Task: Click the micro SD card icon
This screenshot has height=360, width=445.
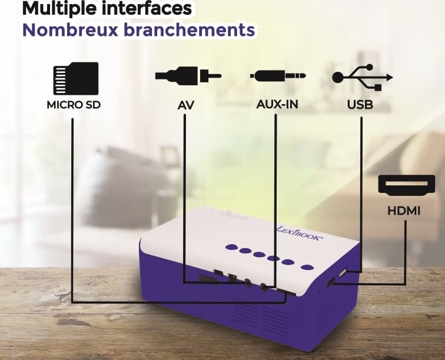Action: (x=76, y=79)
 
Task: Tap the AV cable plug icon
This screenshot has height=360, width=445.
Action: (x=188, y=76)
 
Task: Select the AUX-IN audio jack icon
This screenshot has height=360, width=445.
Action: (x=278, y=76)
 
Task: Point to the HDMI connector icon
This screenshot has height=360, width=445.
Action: (x=406, y=185)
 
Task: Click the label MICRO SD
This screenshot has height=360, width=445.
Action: (x=74, y=105)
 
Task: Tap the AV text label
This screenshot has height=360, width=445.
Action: (x=186, y=105)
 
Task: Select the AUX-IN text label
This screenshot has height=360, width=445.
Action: (x=277, y=104)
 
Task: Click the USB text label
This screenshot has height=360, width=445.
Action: (x=360, y=105)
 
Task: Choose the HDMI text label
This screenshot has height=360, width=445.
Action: (x=404, y=211)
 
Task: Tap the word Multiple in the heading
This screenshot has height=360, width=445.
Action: (x=59, y=9)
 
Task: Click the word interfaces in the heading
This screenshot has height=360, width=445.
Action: (x=147, y=8)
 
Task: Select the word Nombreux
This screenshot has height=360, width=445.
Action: (x=70, y=29)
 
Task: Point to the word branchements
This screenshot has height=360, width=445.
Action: (x=190, y=29)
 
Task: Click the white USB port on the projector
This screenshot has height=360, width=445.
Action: (x=343, y=272)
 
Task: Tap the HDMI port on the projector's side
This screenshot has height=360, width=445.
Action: (x=331, y=282)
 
